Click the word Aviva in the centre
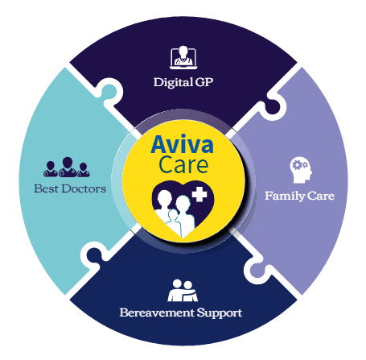[x=183, y=144]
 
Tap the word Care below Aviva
[x=183, y=164]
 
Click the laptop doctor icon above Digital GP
[x=183, y=57]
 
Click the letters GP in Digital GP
[x=204, y=82]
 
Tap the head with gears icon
[x=301, y=170]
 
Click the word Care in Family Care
[x=321, y=196]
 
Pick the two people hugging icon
[x=183, y=290]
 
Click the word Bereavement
[x=157, y=312]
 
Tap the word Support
[x=220, y=313]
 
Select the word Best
[x=47, y=188]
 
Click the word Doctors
[x=84, y=188]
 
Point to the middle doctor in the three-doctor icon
[x=68, y=167]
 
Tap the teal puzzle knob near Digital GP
[x=109, y=91]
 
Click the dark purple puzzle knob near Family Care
[x=272, y=106]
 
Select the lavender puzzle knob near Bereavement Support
[x=258, y=269]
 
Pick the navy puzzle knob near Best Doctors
[x=94, y=255]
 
